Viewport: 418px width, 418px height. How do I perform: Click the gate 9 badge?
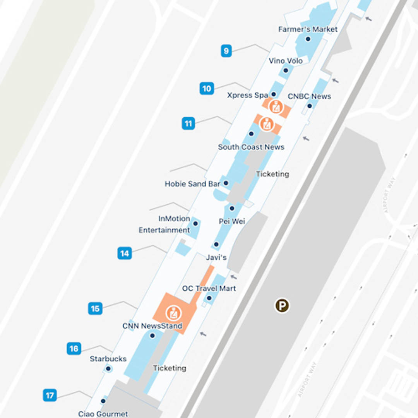tap(226, 51)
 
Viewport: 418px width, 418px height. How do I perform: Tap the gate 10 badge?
tap(207, 89)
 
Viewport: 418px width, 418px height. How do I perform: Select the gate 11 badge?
tap(188, 124)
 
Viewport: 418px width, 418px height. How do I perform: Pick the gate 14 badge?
tap(124, 254)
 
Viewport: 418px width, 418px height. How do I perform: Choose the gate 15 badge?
tap(95, 308)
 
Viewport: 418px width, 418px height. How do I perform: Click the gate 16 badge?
tap(74, 349)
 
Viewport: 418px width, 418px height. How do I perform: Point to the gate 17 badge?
tap(50, 396)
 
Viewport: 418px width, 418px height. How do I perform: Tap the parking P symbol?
tap(282, 306)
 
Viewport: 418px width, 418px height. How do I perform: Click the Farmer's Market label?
tap(308, 29)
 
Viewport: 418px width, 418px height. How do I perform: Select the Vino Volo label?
tap(286, 61)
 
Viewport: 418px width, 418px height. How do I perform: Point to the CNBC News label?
tap(309, 96)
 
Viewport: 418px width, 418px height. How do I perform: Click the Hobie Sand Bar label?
tap(192, 184)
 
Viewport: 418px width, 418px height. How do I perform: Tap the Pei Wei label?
tap(232, 221)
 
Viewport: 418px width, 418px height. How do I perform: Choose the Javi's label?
tap(216, 257)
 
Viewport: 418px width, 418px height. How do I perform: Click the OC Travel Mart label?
tap(209, 288)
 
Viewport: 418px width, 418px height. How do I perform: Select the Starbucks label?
tap(108, 359)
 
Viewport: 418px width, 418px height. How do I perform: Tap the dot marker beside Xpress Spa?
tap(273, 94)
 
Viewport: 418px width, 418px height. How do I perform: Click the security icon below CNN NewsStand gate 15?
tap(173, 313)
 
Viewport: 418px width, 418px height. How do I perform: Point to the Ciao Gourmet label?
tap(103, 414)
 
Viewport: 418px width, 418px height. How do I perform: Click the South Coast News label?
tap(251, 147)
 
